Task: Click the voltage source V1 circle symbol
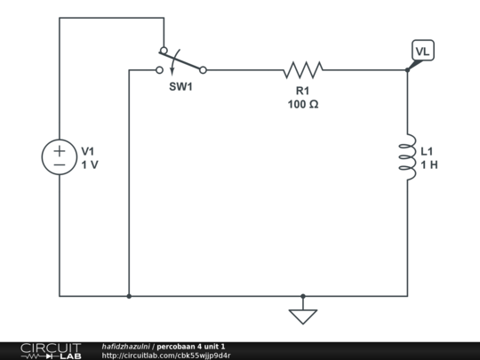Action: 60,157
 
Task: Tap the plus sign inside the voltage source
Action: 60,150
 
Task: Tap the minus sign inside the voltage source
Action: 60,165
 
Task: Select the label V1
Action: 89,151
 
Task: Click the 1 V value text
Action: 89,164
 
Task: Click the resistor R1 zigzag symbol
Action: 303,68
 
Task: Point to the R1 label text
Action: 303,91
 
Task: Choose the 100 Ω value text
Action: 303,104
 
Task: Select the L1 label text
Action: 428,151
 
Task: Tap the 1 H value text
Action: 428,164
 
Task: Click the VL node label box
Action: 422,52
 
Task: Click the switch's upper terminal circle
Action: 162,50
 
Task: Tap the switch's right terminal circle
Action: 204,69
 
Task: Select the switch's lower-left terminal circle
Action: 160,69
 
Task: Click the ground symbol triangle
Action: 303,315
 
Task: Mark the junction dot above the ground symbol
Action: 303,296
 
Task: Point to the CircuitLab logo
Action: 51,350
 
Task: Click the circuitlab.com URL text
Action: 166,356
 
